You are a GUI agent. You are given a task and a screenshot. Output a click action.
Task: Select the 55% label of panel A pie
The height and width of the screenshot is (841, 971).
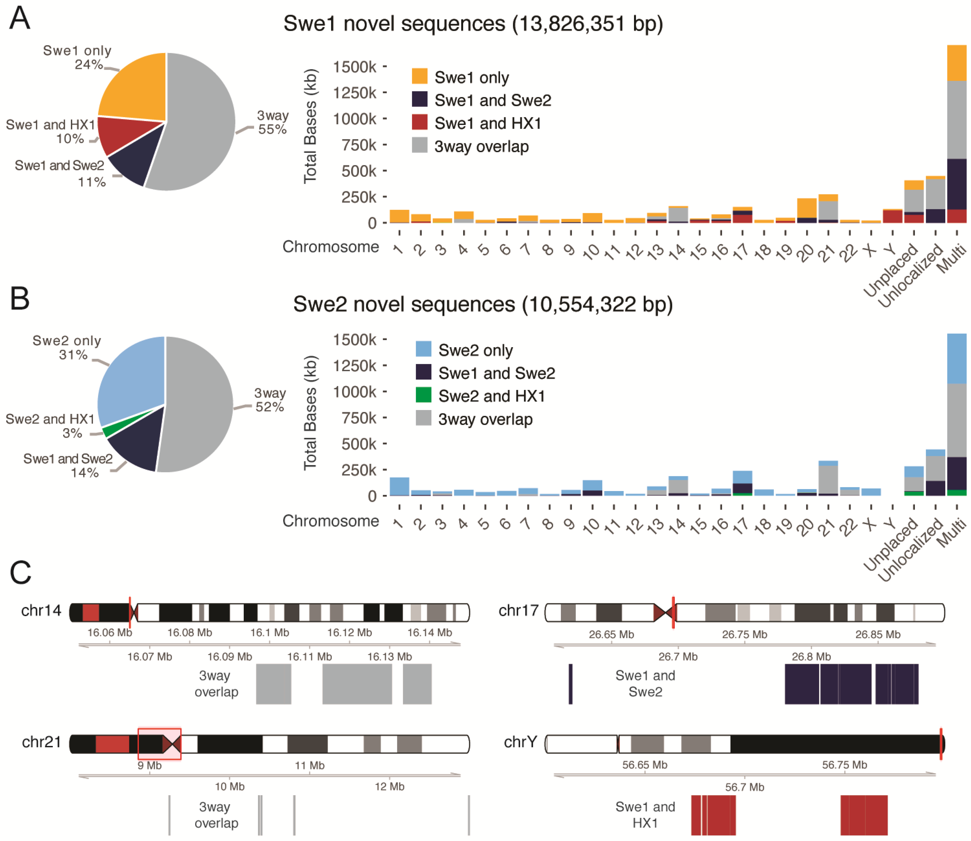pyautogui.click(x=272, y=130)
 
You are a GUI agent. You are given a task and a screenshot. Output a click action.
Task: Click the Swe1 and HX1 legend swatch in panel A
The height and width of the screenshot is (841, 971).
pyautogui.click(x=419, y=123)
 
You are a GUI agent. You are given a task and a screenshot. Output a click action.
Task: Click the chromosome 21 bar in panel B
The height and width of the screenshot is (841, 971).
pyautogui.click(x=828, y=479)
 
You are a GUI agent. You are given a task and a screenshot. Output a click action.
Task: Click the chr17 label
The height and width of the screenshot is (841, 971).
pyautogui.click(x=518, y=611)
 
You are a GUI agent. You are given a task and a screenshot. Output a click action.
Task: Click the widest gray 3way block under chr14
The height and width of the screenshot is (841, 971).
pyautogui.click(x=357, y=684)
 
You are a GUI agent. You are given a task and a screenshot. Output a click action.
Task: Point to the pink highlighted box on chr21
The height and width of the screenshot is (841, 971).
pyautogui.click(x=159, y=744)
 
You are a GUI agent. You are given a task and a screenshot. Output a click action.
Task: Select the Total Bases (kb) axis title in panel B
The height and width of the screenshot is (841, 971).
pyautogui.click(x=310, y=413)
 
